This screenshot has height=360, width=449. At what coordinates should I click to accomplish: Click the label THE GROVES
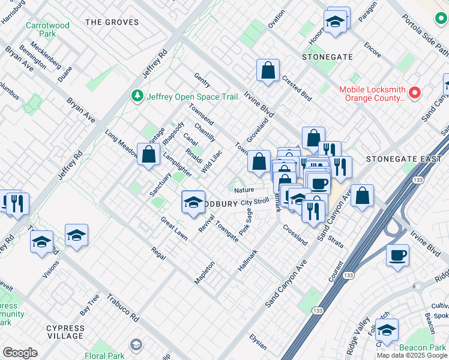click(112, 22)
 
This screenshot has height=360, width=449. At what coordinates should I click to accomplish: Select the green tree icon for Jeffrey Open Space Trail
click(137, 96)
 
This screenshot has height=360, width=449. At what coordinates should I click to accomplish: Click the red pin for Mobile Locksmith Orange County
click(414, 92)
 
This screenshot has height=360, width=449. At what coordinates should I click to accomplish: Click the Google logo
click(20, 353)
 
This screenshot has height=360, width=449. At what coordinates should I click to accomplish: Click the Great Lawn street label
click(173, 229)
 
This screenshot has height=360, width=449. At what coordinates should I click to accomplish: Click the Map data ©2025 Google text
click(411, 355)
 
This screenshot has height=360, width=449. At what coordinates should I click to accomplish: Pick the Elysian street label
click(258, 340)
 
